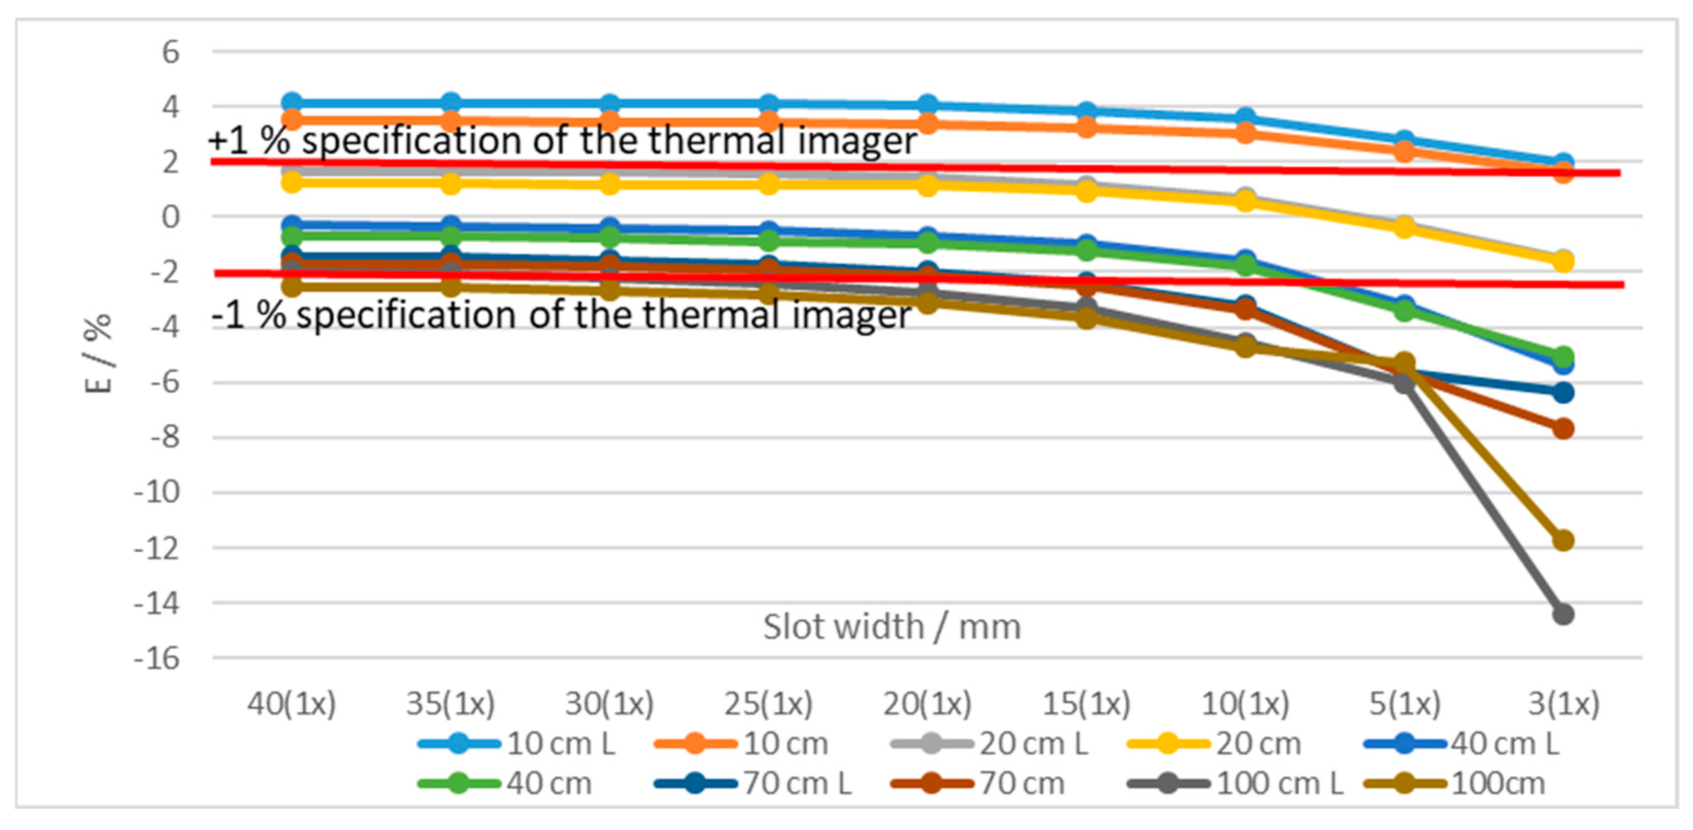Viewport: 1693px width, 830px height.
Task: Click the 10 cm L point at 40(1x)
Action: coord(292,103)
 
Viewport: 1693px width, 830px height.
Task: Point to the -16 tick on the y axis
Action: coord(156,658)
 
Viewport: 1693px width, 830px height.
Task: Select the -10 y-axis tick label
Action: coord(156,492)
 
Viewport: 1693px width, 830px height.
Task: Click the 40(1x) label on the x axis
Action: coord(292,704)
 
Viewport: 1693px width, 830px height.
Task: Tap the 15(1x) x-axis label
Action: coord(1086,704)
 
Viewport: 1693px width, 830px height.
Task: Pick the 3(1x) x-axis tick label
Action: coord(1563,704)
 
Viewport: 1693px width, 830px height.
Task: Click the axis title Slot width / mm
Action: coord(892,626)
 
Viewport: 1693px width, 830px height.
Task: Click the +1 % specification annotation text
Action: coord(563,141)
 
